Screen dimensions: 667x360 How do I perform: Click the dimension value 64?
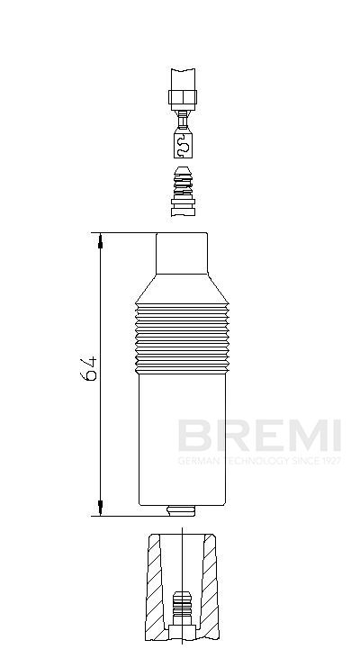[x=88, y=370]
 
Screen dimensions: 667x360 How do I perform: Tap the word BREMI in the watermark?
[x=258, y=437]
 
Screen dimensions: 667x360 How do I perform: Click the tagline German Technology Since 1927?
[x=258, y=461]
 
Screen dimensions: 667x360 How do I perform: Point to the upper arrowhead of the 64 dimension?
[x=102, y=239]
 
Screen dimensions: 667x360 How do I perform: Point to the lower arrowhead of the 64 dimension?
[x=102, y=510]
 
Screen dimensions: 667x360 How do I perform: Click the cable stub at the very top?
[x=183, y=77]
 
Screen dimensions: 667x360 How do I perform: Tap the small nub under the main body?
[x=183, y=511]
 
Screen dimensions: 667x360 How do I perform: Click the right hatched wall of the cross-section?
[x=212, y=585]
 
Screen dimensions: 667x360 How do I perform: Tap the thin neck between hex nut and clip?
[x=183, y=117]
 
